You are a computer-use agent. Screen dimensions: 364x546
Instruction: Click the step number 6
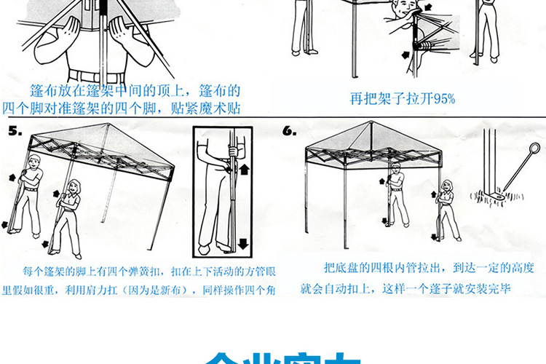(x=290, y=131)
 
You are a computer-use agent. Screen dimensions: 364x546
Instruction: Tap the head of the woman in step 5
(x=74, y=188)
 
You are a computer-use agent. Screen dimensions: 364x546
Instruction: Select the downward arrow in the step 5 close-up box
(x=242, y=242)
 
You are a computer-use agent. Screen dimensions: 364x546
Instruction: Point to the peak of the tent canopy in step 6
(x=373, y=123)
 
